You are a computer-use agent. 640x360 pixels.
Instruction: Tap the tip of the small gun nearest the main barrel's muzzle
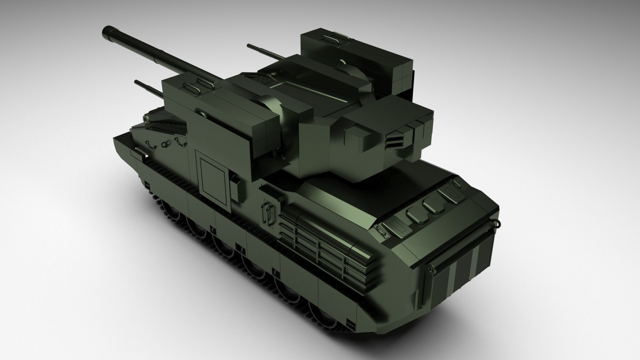pos(137,82)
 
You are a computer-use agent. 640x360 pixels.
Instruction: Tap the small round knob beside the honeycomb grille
pos(273,74)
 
